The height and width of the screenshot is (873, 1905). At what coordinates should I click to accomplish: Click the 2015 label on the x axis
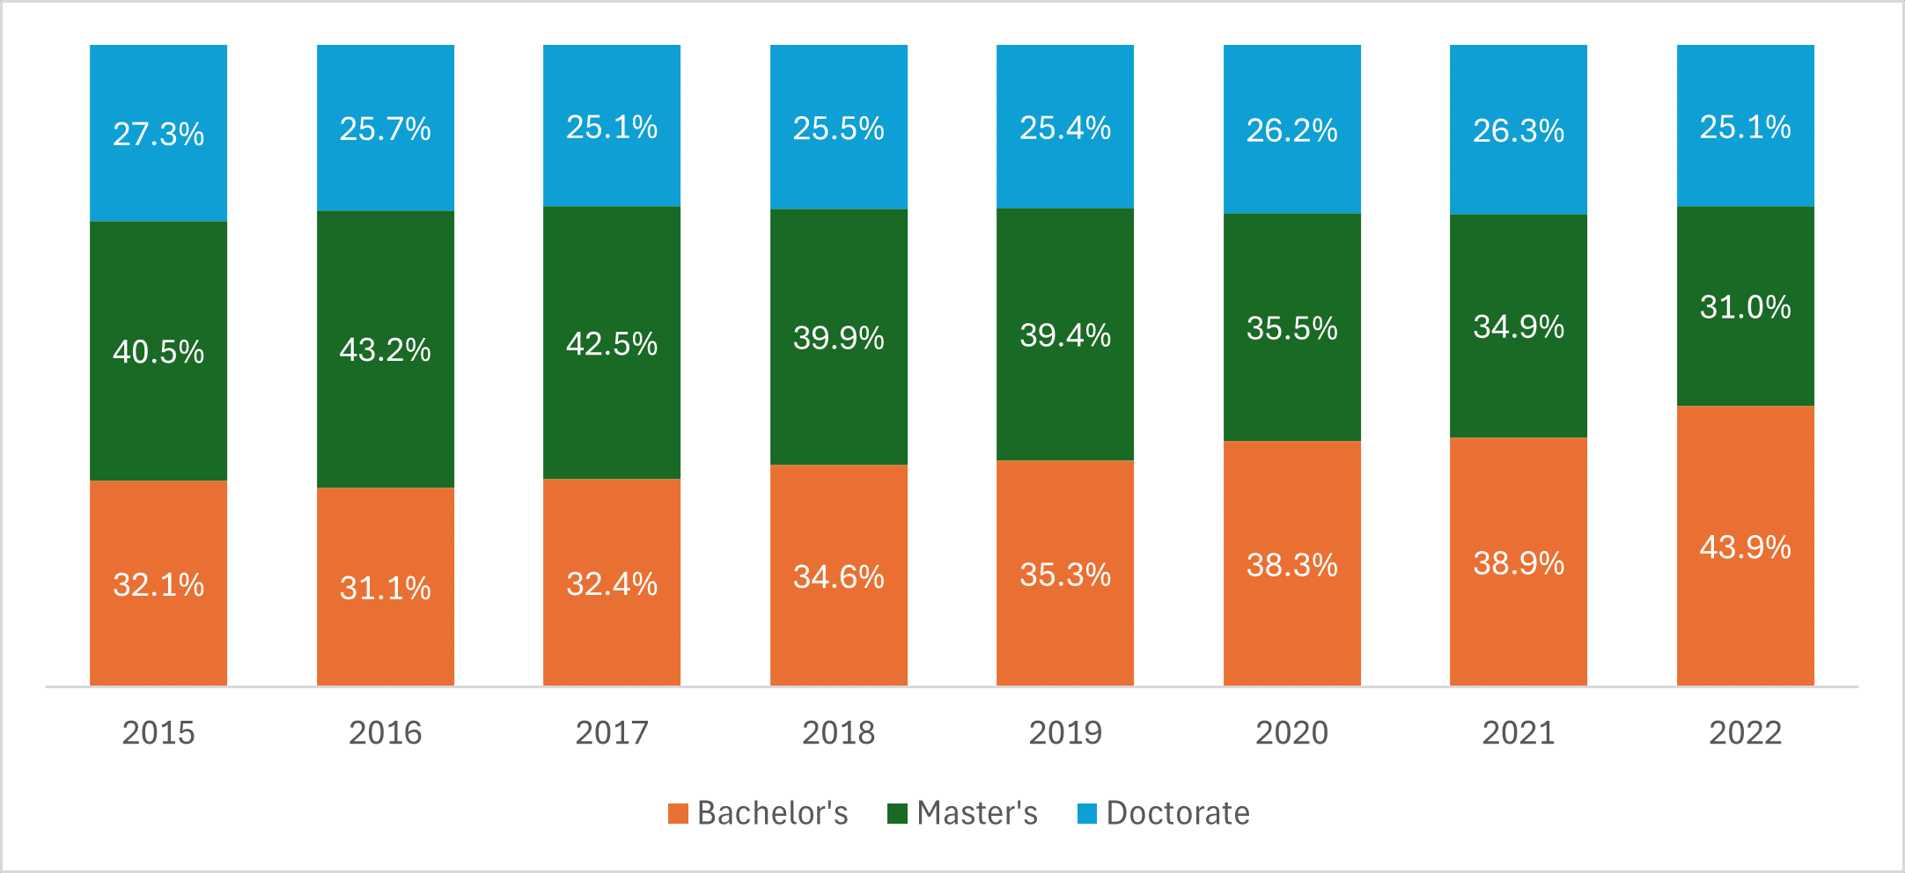(158, 733)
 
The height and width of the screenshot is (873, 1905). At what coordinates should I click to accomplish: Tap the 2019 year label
(1065, 733)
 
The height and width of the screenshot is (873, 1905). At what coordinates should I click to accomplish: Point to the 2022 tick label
(1745, 733)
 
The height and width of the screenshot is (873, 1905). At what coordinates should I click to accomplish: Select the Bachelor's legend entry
(758, 813)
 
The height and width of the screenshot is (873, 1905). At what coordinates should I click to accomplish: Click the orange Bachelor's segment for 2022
(1745, 616)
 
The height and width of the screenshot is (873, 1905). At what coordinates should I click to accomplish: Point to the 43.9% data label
(1745, 547)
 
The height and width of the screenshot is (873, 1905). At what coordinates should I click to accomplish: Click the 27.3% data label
(158, 135)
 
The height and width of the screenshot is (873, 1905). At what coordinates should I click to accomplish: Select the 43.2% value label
(386, 350)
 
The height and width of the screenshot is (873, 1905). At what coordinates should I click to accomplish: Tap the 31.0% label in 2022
(1745, 307)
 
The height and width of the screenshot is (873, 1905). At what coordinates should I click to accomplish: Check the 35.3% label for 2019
(1065, 575)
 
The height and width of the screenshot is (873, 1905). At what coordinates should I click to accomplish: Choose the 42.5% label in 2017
(612, 344)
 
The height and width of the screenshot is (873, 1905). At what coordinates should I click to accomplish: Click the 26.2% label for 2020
(1292, 131)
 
